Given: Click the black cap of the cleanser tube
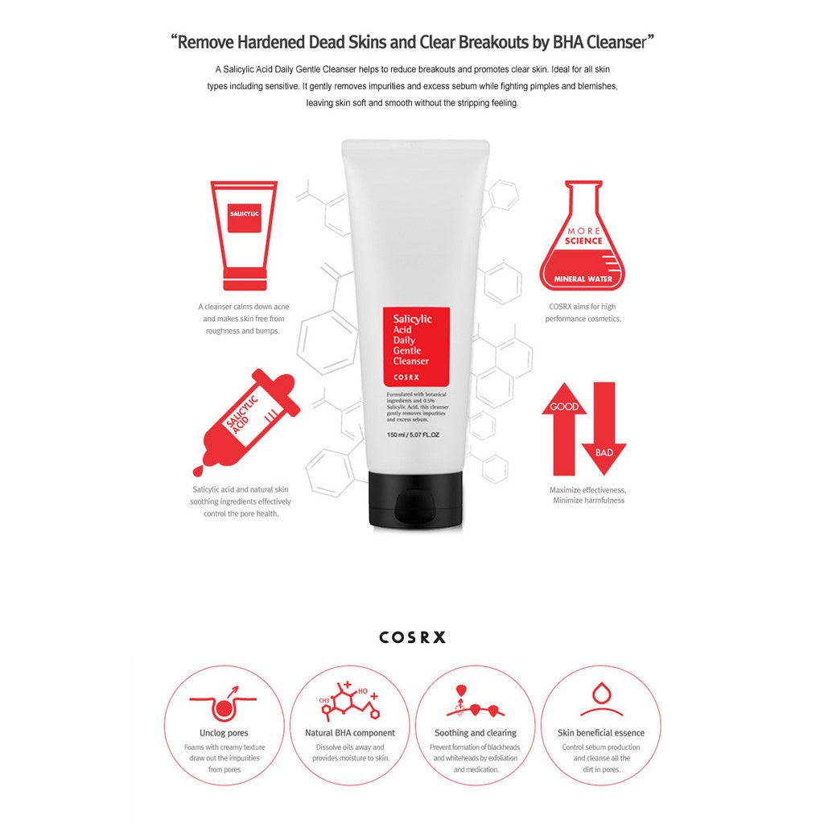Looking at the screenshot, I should (x=415, y=501).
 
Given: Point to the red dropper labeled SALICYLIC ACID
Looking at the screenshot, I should (x=246, y=419).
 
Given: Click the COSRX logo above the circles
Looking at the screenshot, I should (x=412, y=637).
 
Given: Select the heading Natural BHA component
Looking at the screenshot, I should (x=350, y=733).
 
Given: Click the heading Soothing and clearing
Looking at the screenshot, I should (x=476, y=733).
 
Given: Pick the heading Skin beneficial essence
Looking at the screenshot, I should (x=601, y=733).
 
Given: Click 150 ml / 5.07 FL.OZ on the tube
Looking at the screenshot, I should (x=413, y=435).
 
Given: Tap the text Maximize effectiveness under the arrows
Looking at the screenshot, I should (x=587, y=489).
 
